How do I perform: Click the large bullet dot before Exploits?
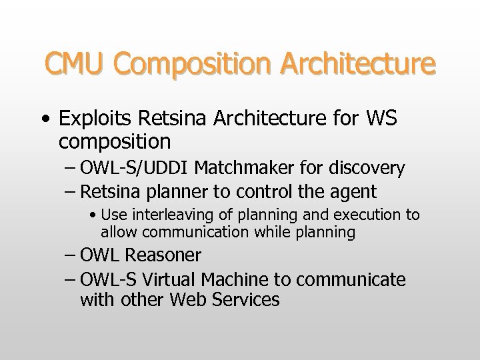pos(45,119)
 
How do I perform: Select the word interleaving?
pos(171,215)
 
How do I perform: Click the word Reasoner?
pos(163,255)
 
